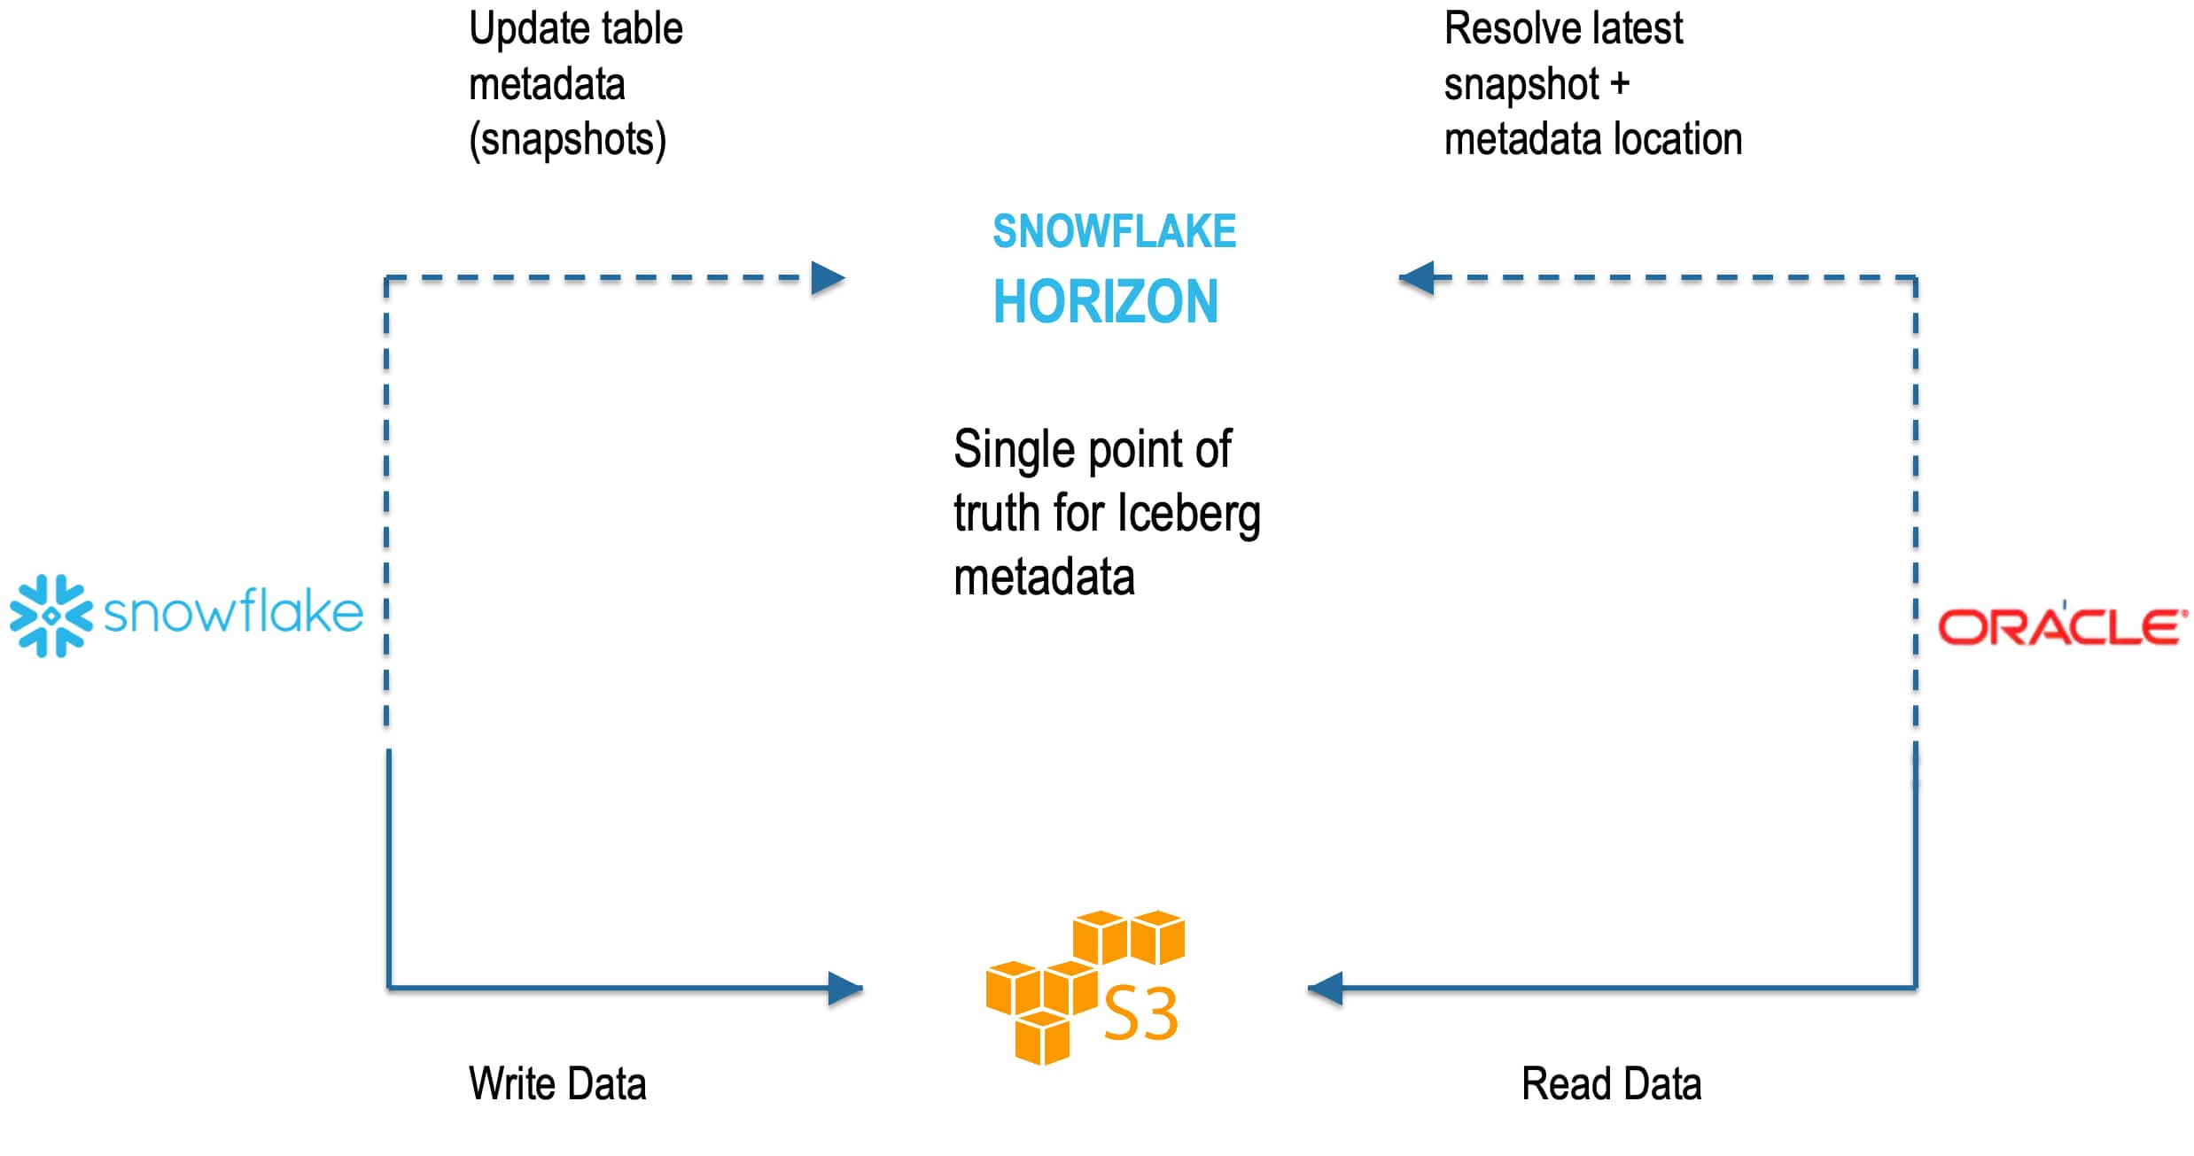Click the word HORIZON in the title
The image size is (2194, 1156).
[1105, 302]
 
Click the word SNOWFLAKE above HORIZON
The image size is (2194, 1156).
[1113, 232]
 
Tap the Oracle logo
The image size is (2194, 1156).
[2061, 626]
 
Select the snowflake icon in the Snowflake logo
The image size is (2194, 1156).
[51, 616]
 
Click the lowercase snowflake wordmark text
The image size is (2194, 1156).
[233, 612]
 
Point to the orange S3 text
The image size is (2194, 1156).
[1140, 1014]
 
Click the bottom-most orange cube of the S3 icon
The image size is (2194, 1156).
[1042, 1038]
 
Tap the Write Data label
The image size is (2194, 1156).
[557, 1083]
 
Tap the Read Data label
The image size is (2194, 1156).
[1611, 1083]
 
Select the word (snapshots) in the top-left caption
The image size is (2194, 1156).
[567, 140]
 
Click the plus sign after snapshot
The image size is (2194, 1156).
[1620, 85]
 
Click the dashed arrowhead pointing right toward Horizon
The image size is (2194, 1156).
[828, 278]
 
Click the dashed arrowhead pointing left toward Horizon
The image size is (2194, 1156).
[1417, 278]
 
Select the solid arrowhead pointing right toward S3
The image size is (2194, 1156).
[844, 988]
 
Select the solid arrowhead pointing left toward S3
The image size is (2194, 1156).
[1326, 988]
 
